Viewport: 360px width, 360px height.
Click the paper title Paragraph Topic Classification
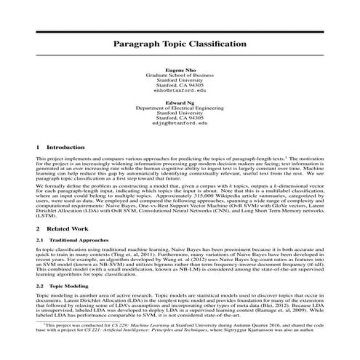(x=180, y=44)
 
